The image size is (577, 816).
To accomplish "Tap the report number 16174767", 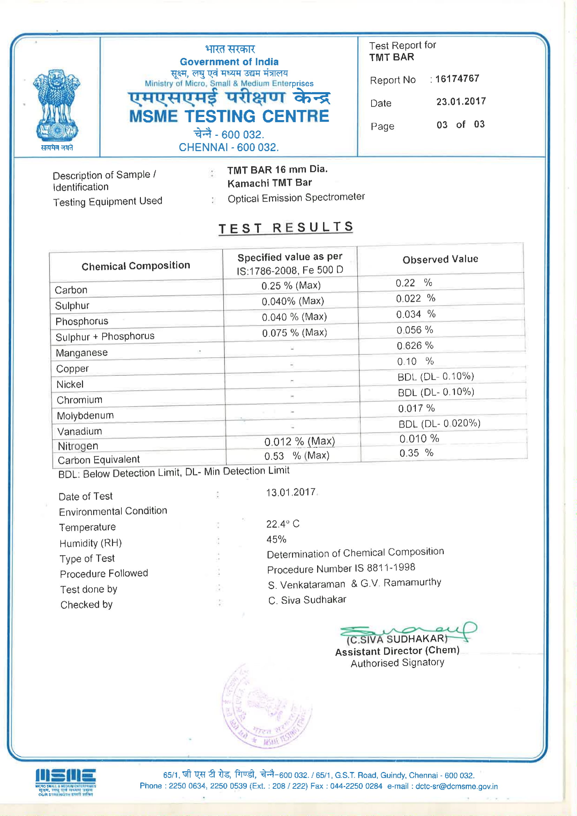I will click(x=457, y=79).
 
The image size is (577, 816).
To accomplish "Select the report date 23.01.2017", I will click(x=461, y=102).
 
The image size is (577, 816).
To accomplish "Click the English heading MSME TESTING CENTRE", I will click(x=229, y=117).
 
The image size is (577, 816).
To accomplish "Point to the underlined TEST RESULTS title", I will click(x=286, y=228).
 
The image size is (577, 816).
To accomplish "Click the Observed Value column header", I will click(x=440, y=259).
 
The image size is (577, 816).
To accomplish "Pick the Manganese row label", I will click(x=82, y=353).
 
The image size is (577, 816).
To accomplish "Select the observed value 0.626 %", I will click(x=415, y=346).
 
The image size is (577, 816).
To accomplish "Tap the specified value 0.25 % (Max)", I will click(x=291, y=285).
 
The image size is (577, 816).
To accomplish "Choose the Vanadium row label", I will click(x=80, y=431).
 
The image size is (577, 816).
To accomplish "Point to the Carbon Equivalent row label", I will click(x=99, y=460).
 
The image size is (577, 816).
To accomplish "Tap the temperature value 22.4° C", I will click(x=283, y=524).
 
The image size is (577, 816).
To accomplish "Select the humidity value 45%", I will click(x=276, y=540).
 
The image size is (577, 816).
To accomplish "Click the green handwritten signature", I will click(x=409, y=632).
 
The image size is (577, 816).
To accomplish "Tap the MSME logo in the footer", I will click(x=65, y=782).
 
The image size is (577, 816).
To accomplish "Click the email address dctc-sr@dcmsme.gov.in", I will click(x=457, y=786).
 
